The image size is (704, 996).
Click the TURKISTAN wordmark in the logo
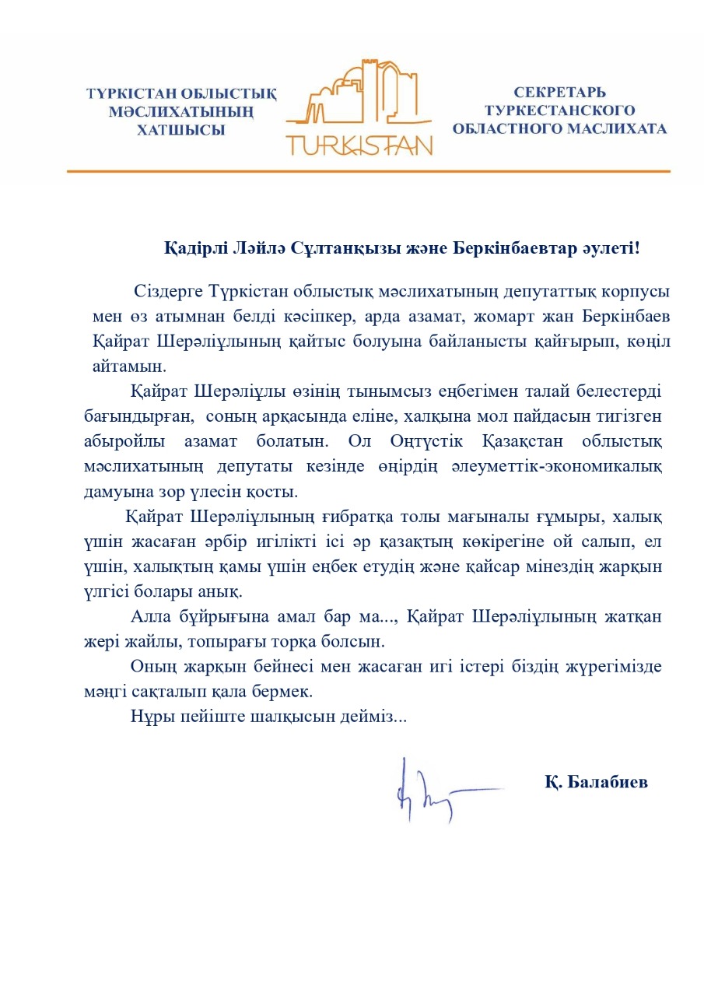[359, 143]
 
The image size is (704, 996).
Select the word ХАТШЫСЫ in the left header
[180, 131]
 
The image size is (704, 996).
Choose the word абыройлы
[127, 441]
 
